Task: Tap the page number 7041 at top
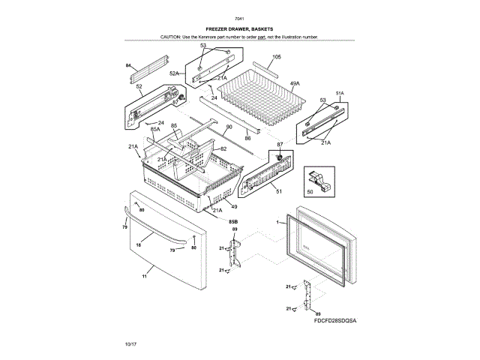pos(239,18)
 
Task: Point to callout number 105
pos(276,58)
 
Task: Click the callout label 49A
pos(295,83)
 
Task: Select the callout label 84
pos(128,65)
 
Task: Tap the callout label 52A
pos(174,73)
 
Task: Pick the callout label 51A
pos(339,94)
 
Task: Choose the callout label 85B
pos(233,222)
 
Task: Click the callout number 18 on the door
pos(139,245)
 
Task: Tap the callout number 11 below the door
pos(145,277)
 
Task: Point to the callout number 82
pos(223,149)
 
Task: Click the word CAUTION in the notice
pos(172,37)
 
